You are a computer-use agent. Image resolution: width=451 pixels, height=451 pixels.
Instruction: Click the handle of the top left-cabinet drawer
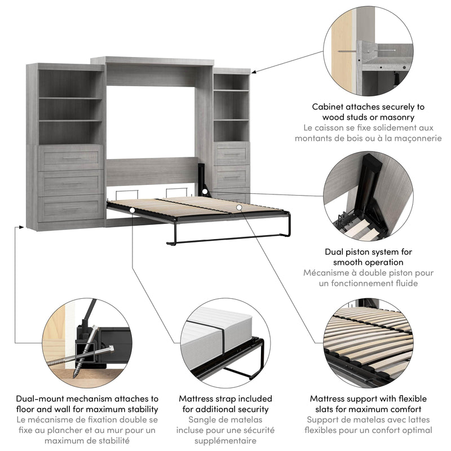click(x=71, y=158)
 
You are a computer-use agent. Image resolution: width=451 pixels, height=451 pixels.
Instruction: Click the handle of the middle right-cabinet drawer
click(x=232, y=177)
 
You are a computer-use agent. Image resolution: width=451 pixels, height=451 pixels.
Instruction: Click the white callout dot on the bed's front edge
click(x=132, y=210)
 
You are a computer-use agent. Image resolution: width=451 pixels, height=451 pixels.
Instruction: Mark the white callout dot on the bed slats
click(x=239, y=207)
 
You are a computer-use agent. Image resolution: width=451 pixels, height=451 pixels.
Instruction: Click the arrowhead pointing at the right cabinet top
click(x=254, y=71)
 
